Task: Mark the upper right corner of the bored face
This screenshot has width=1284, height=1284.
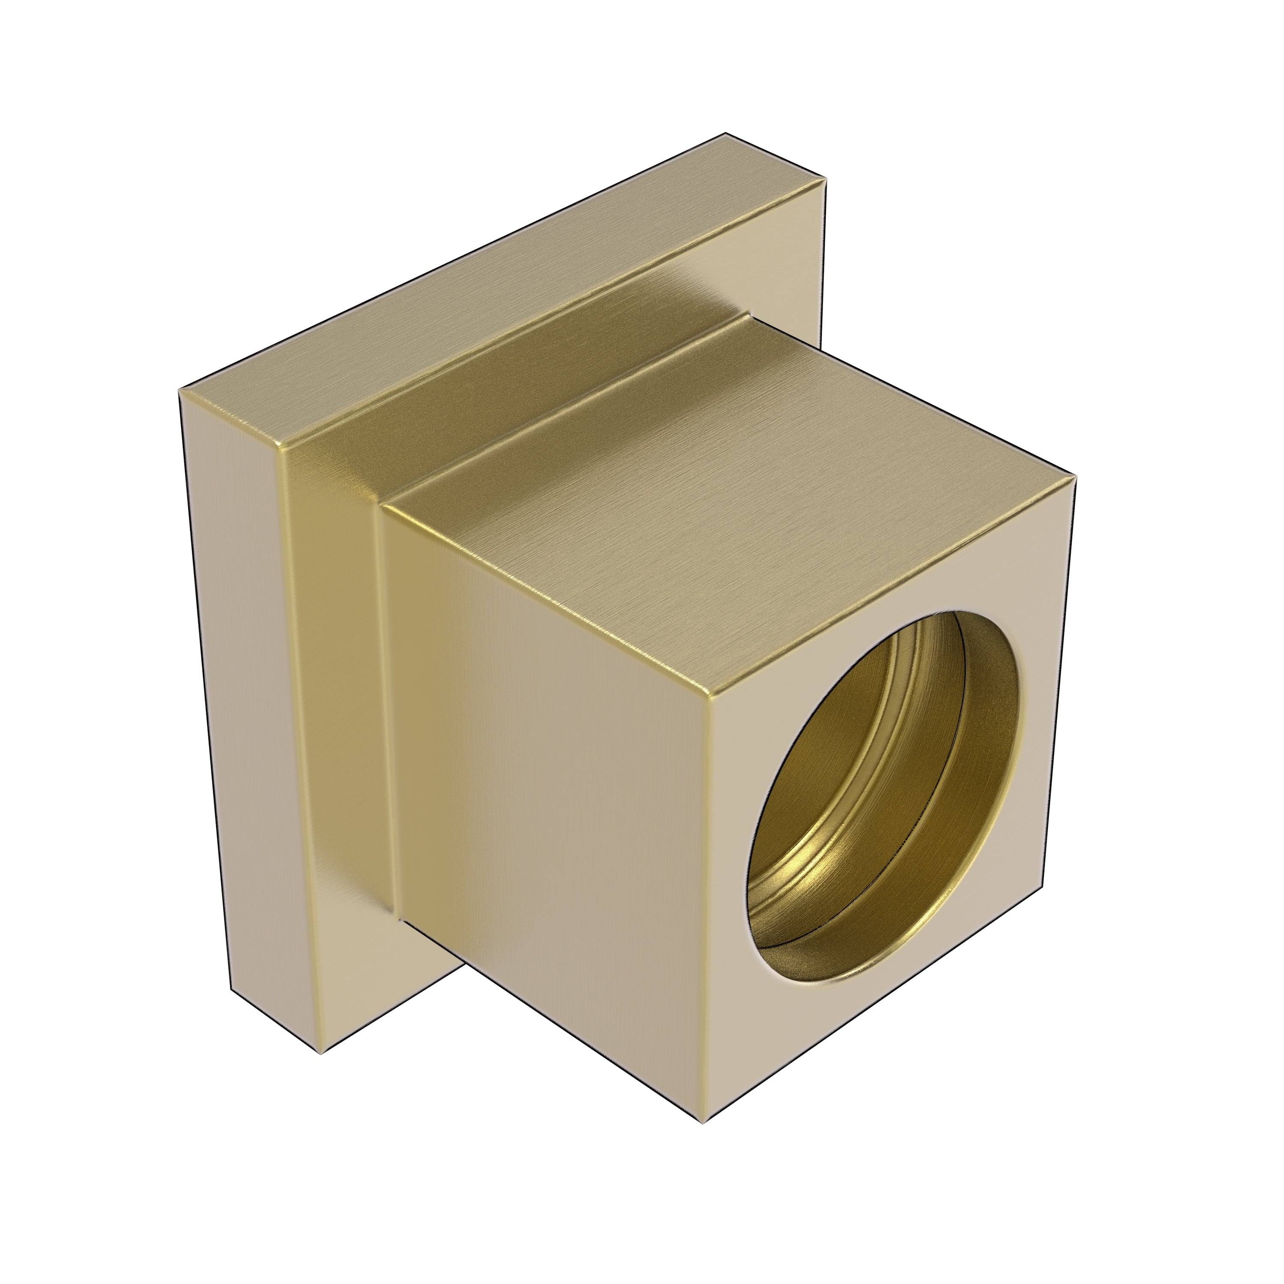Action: tap(1075, 480)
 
